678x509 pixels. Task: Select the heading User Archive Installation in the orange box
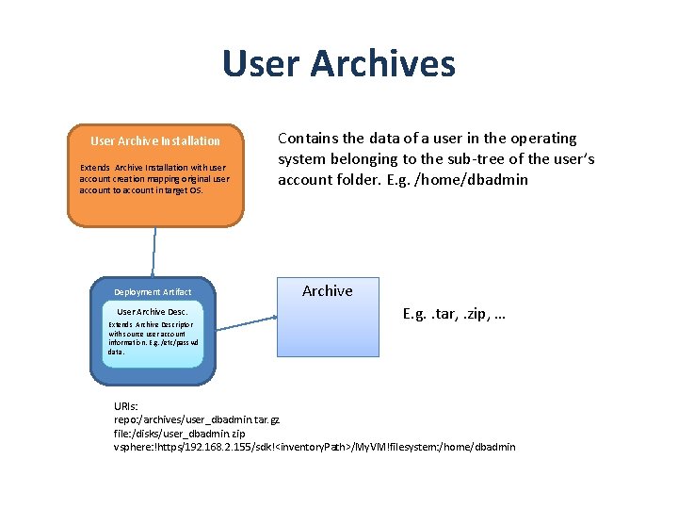(x=155, y=140)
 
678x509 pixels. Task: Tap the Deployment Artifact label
(x=153, y=292)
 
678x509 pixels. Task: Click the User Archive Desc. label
(x=153, y=311)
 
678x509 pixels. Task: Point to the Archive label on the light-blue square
(x=328, y=291)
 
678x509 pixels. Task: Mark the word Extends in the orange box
(x=96, y=168)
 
